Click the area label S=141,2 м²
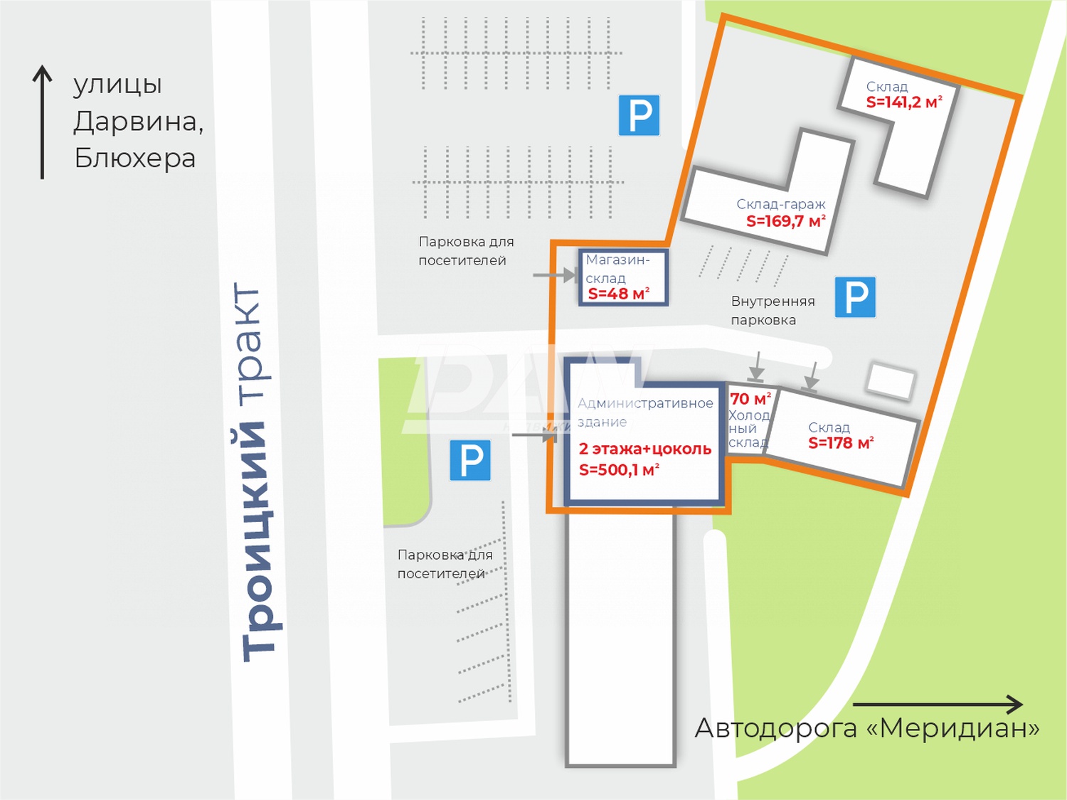pyautogui.click(x=903, y=102)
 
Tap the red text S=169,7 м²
pyautogui.click(x=785, y=221)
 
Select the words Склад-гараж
pyautogui.click(x=780, y=204)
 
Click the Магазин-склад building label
pyautogui.click(x=617, y=268)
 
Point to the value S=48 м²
pyautogui.click(x=618, y=294)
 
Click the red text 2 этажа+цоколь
pyautogui.click(x=644, y=449)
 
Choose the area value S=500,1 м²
pyautogui.click(x=619, y=469)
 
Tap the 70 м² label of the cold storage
pyautogui.click(x=750, y=399)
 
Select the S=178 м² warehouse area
pyautogui.click(x=840, y=443)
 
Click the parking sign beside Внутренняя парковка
pyautogui.click(x=855, y=297)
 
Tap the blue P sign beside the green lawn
pyautogui.click(x=470, y=460)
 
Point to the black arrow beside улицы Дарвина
pyautogui.click(x=43, y=121)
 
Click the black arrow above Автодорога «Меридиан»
pyautogui.click(x=938, y=705)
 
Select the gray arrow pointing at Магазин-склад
pyautogui.click(x=555, y=274)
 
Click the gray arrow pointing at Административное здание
pyautogui.click(x=533, y=434)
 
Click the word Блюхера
pyautogui.click(x=134, y=158)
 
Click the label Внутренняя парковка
pyautogui.click(x=773, y=310)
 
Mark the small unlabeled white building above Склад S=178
pyautogui.click(x=890, y=380)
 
